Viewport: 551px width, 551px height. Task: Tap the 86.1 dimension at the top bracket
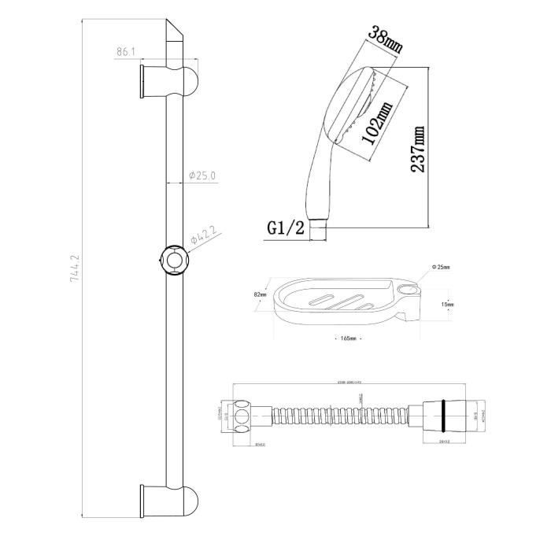126,53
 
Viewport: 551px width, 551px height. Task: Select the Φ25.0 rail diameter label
202,176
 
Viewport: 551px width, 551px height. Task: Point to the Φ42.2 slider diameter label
204,235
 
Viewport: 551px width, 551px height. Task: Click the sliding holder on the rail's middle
172,261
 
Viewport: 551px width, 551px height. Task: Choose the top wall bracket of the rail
168,81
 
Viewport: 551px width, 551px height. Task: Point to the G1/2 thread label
284,228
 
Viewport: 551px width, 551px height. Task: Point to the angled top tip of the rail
175,31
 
